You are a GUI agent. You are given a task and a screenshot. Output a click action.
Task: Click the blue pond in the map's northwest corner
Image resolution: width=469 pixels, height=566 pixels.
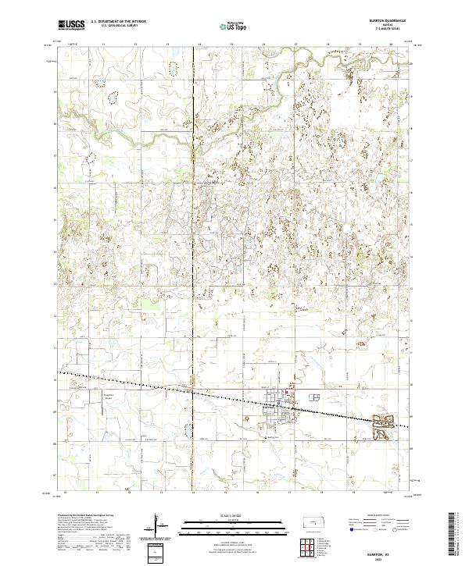coord(113,98)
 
